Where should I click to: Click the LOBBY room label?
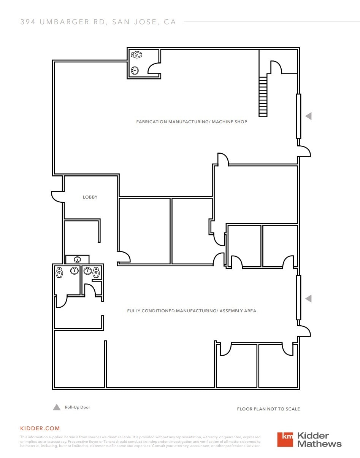90,197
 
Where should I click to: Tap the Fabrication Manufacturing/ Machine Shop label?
192,122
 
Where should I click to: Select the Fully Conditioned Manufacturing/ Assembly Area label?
192,311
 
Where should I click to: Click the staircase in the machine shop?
263,97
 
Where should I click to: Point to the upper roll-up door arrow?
308,116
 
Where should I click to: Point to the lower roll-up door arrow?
308,299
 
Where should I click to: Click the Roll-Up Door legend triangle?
57,407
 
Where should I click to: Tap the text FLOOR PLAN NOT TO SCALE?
268,409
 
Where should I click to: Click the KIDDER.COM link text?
40,428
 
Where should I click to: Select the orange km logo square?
285,439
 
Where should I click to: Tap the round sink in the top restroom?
135,70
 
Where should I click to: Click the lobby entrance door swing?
57,196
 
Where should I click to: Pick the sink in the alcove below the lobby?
78,260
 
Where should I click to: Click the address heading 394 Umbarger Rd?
98,22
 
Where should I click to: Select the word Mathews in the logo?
319,444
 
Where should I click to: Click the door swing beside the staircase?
276,67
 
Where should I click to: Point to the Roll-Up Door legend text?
78,407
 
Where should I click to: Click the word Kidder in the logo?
313,436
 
